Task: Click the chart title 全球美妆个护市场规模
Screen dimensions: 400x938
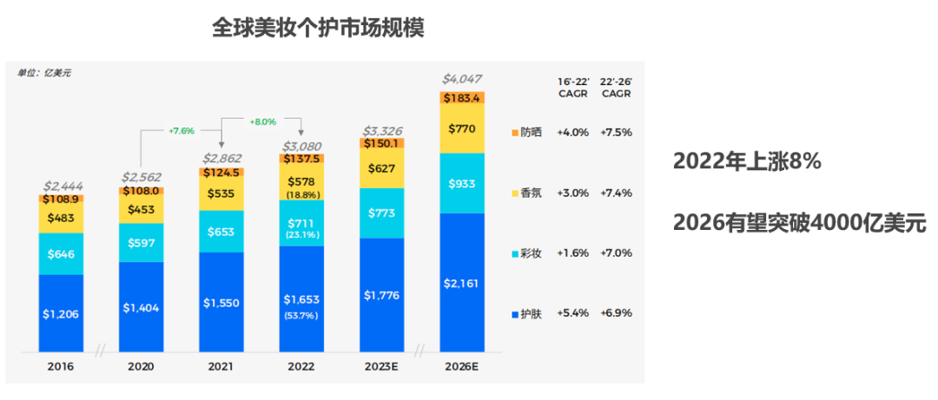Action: point(318,29)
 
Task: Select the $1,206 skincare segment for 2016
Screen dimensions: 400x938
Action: point(61,313)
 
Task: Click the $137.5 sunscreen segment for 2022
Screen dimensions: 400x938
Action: point(301,160)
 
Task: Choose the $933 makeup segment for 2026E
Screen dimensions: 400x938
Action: point(461,184)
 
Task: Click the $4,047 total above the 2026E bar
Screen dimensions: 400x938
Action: point(461,79)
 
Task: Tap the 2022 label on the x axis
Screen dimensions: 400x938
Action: point(301,367)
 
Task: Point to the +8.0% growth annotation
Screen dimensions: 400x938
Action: point(261,121)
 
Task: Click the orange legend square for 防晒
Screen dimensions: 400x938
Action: point(515,133)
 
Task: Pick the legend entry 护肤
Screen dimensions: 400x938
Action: point(531,313)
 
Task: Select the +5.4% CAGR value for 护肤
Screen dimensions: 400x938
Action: point(573,313)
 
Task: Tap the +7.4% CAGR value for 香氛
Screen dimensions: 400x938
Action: point(616,193)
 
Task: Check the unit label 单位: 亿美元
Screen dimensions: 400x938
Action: point(43,74)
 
